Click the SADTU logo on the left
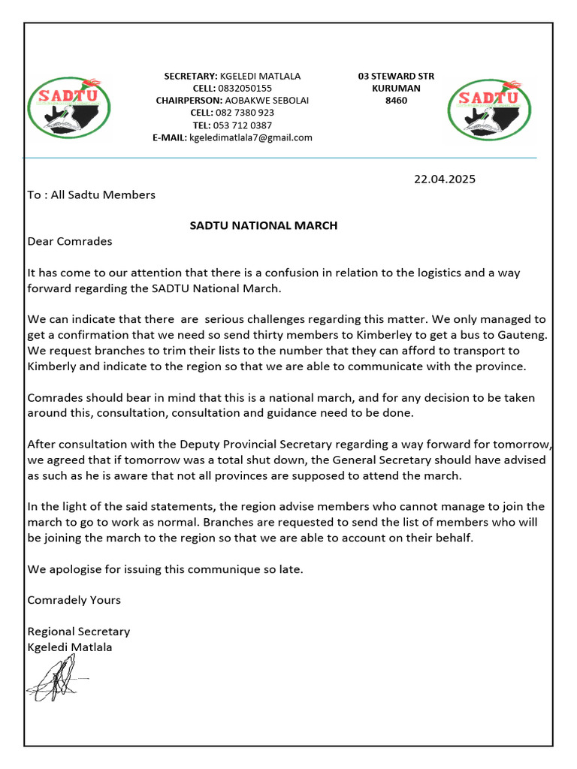[68, 108]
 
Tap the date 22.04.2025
[445, 179]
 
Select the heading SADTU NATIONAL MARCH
[264, 225]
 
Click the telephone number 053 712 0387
[243, 125]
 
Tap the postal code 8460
[396, 101]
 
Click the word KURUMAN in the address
[396, 89]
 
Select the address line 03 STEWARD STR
[396, 76]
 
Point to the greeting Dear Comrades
[70, 242]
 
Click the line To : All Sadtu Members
[91, 195]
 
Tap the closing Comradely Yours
[74, 600]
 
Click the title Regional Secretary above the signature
[78, 632]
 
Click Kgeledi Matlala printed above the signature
[70, 647]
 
